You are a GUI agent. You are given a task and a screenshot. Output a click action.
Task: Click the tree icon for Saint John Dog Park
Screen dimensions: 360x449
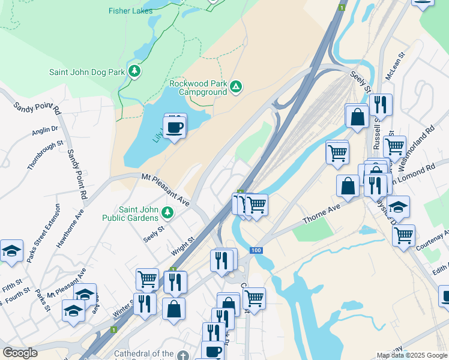135,72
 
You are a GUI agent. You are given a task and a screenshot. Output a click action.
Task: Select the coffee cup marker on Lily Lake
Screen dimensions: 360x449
175,127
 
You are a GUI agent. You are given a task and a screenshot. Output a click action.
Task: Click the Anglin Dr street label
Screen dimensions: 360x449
45,128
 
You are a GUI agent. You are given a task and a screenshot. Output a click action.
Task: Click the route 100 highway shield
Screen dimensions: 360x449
257,249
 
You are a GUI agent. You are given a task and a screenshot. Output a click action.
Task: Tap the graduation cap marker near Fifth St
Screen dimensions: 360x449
11,250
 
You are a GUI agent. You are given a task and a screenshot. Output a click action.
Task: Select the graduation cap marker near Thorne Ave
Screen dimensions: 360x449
398,207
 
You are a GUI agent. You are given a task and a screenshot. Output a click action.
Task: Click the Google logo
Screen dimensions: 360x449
20,353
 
